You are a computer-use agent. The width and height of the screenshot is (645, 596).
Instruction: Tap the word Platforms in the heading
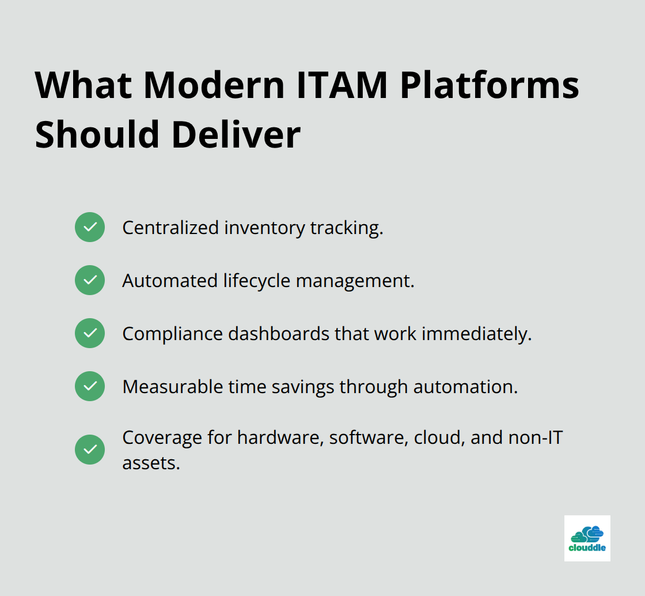pyautogui.click(x=490, y=85)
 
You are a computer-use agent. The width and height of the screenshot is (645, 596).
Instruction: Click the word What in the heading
pyautogui.click(x=83, y=85)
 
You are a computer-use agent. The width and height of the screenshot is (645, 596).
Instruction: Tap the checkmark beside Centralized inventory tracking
pyautogui.click(x=90, y=227)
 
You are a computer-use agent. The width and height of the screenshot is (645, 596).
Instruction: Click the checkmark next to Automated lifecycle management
pyautogui.click(x=90, y=280)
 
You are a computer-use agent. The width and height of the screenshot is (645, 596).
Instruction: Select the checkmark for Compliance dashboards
pyautogui.click(x=90, y=333)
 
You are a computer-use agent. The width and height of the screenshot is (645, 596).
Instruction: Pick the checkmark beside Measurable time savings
pyautogui.click(x=90, y=386)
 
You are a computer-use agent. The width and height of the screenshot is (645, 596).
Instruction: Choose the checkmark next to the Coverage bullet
pyautogui.click(x=90, y=450)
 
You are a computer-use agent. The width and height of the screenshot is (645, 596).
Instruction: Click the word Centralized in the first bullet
pyautogui.click(x=170, y=228)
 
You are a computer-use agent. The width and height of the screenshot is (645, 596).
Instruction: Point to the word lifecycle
pyautogui.click(x=257, y=281)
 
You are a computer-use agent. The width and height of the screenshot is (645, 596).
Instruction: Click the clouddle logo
pyautogui.click(x=587, y=538)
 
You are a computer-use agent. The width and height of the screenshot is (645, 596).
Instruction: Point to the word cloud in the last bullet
pyautogui.click(x=438, y=437)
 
